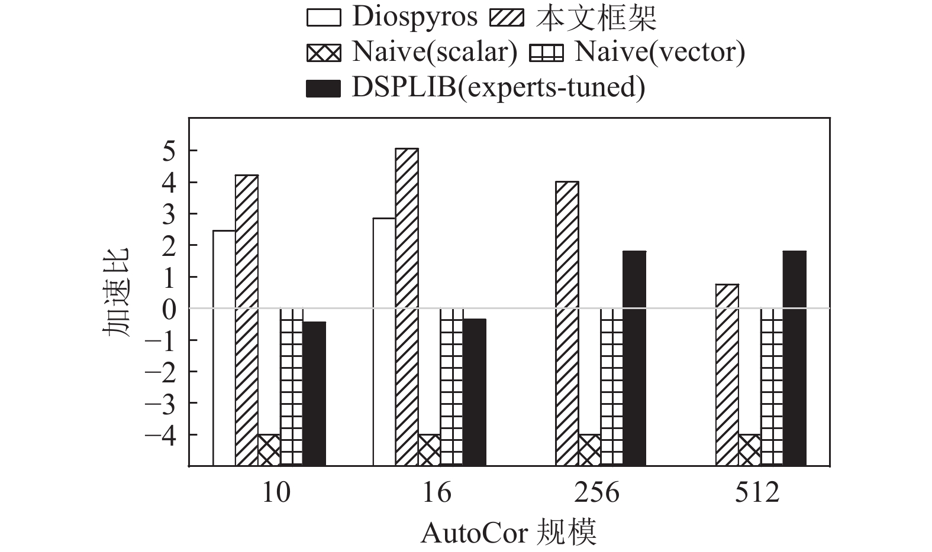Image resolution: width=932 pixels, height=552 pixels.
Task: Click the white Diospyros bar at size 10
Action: click(x=224, y=348)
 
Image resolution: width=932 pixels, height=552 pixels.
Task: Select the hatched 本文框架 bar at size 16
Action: click(x=407, y=307)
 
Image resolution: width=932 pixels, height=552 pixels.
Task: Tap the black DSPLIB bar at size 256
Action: click(x=634, y=358)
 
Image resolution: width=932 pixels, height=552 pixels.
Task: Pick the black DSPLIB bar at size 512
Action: click(x=794, y=358)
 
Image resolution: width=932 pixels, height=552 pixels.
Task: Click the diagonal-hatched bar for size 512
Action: click(x=726, y=375)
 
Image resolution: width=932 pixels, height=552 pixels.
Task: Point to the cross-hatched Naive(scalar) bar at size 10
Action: click(x=269, y=450)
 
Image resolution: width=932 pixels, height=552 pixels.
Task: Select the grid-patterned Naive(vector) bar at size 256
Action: click(x=611, y=387)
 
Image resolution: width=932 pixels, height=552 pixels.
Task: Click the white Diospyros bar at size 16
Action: click(x=384, y=342)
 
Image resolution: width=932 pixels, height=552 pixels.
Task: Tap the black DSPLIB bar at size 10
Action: click(x=314, y=394)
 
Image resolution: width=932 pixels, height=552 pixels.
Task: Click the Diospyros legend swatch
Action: click(x=324, y=18)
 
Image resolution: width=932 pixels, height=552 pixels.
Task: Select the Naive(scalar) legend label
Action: click(x=434, y=52)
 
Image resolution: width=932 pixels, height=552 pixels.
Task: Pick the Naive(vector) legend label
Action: click(x=660, y=52)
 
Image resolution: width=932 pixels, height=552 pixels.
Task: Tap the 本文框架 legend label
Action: click(x=596, y=18)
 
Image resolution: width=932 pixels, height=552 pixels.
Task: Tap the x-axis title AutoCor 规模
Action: click(x=509, y=533)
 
